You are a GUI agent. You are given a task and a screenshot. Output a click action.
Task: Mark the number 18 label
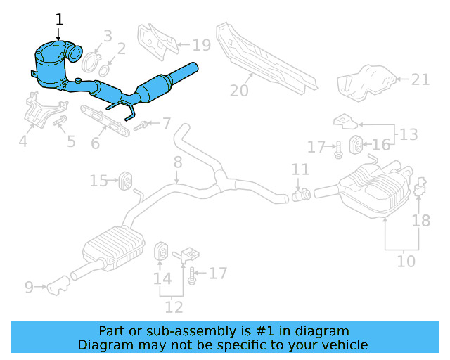[420, 220]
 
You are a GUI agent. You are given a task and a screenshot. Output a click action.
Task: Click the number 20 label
[239, 90]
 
